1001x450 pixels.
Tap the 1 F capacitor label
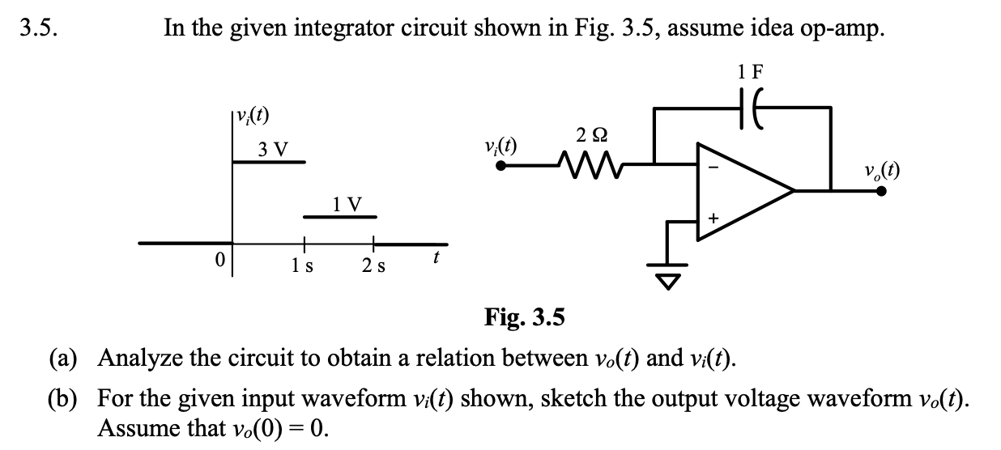pos(751,70)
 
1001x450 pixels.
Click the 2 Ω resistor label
pos(588,134)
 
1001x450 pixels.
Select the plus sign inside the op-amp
pos(713,218)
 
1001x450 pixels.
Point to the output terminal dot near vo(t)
pos(881,191)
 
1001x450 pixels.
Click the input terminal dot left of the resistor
pos(501,166)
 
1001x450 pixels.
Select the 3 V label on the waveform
pos(271,150)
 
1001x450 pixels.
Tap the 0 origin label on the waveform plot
pos(218,261)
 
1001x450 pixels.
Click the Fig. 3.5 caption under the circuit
pos(524,318)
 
